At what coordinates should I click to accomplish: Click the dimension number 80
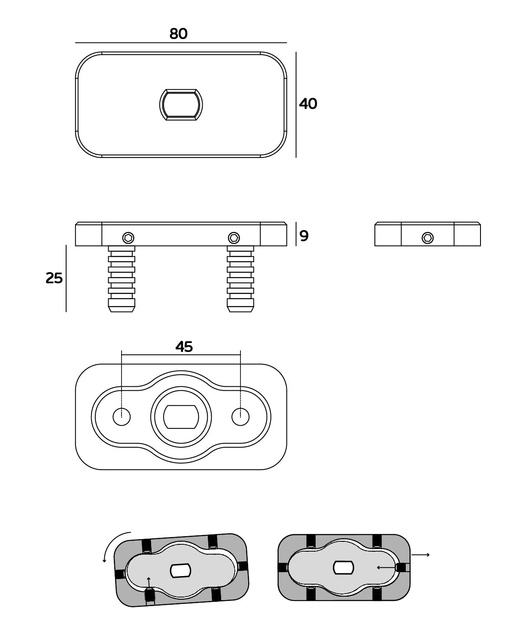[178, 33]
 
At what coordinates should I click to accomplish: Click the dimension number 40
[308, 104]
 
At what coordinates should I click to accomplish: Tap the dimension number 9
[304, 236]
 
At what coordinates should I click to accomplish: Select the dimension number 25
[54, 278]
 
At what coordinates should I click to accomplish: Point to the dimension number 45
[184, 347]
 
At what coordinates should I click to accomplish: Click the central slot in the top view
[181, 105]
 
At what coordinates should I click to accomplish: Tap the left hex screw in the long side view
[128, 238]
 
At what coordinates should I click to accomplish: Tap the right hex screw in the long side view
[234, 238]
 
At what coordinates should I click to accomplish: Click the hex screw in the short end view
[427, 238]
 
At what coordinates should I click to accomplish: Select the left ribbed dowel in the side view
[122, 279]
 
